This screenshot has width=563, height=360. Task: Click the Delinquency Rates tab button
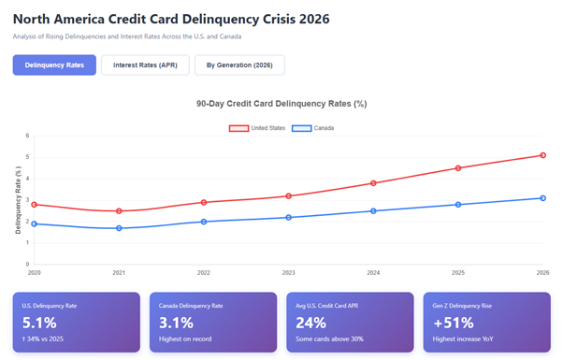pyautogui.click(x=53, y=65)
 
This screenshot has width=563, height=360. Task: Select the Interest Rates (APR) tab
pyautogui.click(x=145, y=65)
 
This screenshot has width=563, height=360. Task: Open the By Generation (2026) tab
pyautogui.click(x=239, y=65)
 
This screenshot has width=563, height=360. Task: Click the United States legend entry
pyautogui.click(x=257, y=127)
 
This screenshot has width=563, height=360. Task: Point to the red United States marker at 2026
pyautogui.click(x=542, y=155)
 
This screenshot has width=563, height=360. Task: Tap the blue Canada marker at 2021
pyautogui.click(x=119, y=228)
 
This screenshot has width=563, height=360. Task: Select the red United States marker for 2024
pyautogui.click(x=373, y=183)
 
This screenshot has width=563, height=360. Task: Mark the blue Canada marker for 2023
pyautogui.click(x=288, y=217)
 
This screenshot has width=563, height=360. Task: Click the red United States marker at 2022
pyautogui.click(x=204, y=202)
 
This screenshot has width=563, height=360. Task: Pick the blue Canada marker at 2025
pyautogui.click(x=458, y=205)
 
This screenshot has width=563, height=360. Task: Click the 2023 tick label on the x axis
pyautogui.click(x=288, y=273)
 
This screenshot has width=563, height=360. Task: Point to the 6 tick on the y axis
pyautogui.click(x=28, y=136)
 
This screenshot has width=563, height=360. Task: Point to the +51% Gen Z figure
pyautogui.click(x=453, y=323)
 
